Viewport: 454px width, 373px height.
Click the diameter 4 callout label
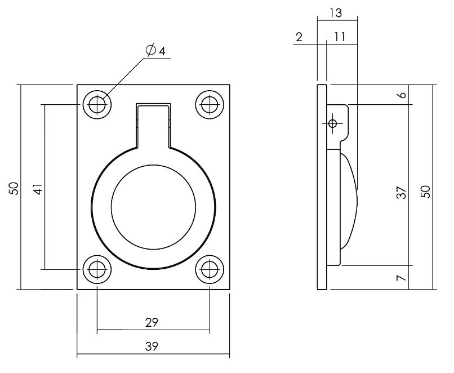pyautogui.click(x=155, y=51)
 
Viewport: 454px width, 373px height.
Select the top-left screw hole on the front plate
pyautogui.click(x=97, y=104)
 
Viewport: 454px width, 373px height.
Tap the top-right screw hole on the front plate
pyautogui.click(x=210, y=104)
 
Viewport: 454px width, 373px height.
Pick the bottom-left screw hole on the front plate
pyautogui.click(x=97, y=269)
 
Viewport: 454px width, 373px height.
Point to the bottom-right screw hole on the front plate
pyautogui.click(x=210, y=269)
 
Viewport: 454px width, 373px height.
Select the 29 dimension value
pyautogui.click(x=151, y=322)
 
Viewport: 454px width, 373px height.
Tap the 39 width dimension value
pyautogui.click(x=151, y=347)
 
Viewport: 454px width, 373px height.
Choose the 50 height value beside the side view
pyautogui.click(x=426, y=192)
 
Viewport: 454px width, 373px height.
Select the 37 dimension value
pyautogui.click(x=401, y=193)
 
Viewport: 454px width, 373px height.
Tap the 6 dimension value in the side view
pyautogui.click(x=401, y=95)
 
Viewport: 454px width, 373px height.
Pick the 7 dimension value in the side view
pyautogui.click(x=401, y=278)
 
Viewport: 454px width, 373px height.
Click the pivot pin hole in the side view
pyautogui.click(x=332, y=123)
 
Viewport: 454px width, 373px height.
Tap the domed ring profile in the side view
pyautogui.click(x=348, y=200)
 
